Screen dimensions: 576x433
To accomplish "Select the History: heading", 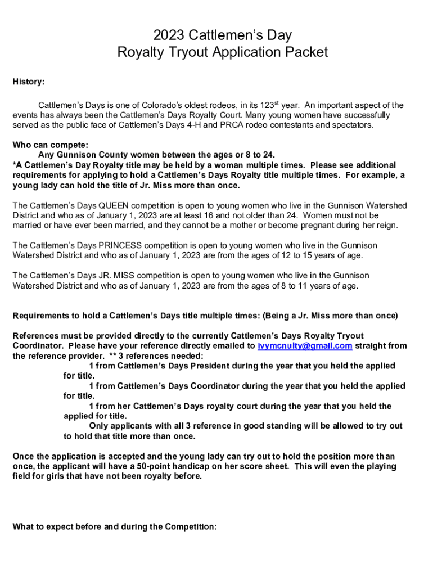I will [x=29, y=82].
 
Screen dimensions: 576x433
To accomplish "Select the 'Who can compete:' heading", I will [x=50, y=145].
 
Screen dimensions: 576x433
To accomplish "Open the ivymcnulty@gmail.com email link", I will [x=305, y=346].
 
